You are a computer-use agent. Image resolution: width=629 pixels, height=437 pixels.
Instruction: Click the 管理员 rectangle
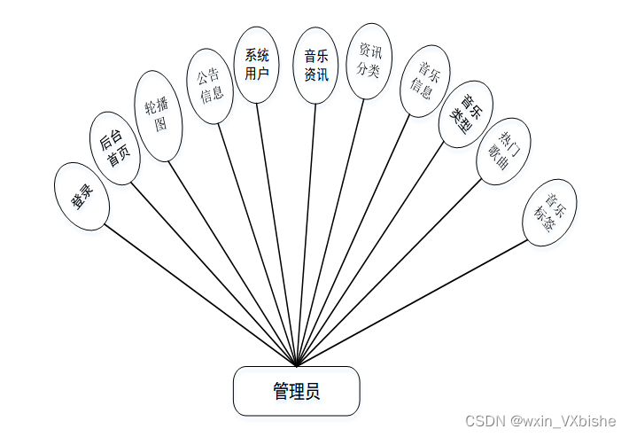coord(296,391)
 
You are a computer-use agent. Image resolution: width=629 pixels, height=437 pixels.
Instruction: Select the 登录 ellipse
coord(82,197)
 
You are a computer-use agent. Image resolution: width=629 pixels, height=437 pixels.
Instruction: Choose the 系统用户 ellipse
coord(257,65)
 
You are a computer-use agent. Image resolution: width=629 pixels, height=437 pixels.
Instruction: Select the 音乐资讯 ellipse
coord(316,66)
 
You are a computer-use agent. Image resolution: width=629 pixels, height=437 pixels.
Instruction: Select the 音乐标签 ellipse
coord(549,212)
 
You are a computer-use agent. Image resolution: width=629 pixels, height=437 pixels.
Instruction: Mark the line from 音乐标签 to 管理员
coord(412,301)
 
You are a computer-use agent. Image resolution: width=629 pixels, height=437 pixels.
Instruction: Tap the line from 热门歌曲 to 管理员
coord(390,273)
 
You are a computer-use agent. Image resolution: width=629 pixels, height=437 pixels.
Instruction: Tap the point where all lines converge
coord(297,364)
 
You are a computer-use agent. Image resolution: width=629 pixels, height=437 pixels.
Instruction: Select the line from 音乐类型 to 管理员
coord(372,253)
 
